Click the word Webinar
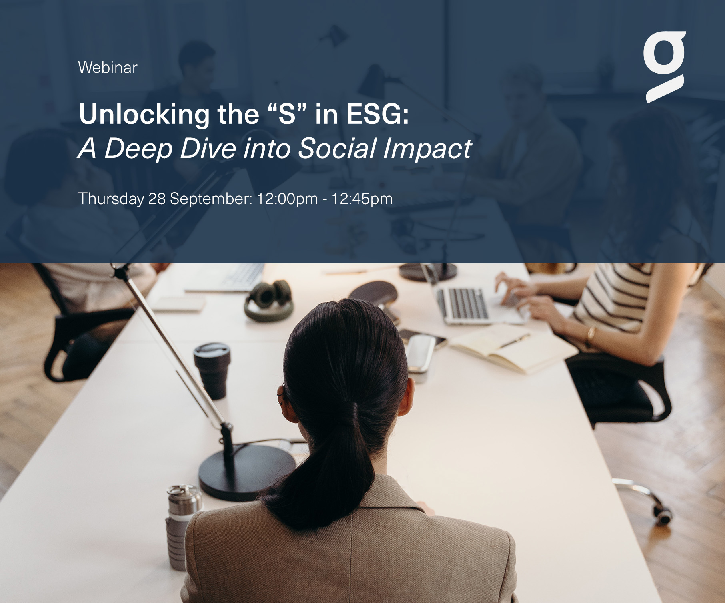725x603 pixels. (108, 67)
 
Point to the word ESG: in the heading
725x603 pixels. (378, 114)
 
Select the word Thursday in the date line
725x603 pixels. (111, 199)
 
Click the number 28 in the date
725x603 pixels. (157, 199)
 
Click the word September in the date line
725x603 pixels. (211, 199)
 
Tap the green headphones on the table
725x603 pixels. (268, 299)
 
